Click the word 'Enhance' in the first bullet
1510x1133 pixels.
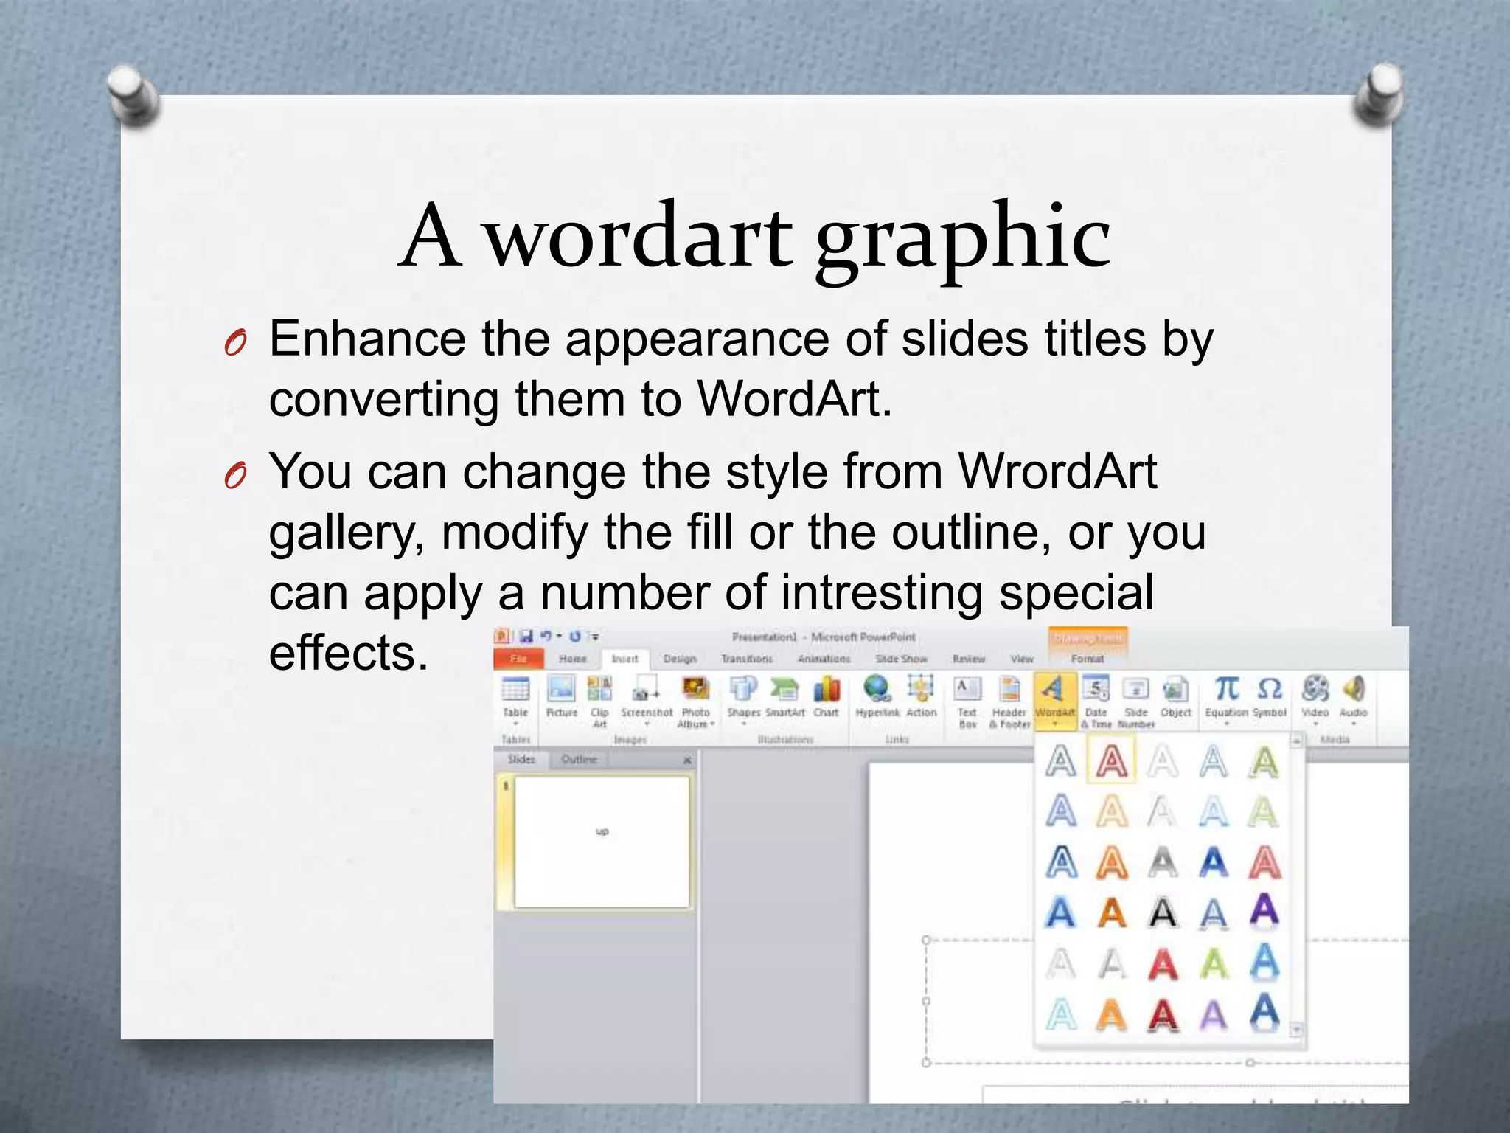click(x=367, y=339)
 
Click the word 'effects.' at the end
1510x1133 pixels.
click(x=348, y=653)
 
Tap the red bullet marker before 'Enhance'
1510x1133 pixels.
click(x=235, y=343)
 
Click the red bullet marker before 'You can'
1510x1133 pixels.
click(x=235, y=476)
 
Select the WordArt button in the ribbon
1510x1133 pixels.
click(x=1054, y=697)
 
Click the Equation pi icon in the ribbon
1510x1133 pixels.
click(x=1226, y=689)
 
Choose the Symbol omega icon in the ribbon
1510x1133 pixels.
click(x=1269, y=689)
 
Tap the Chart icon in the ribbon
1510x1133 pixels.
click(x=827, y=690)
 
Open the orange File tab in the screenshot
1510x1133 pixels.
click(x=518, y=659)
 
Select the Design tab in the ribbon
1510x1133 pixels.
click(x=679, y=659)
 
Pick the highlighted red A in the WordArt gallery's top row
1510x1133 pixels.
click(x=1111, y=760)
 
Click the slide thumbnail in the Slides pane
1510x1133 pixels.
click(x=602, y=842)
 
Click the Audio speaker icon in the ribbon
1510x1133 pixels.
click(x=1353, y=689)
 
